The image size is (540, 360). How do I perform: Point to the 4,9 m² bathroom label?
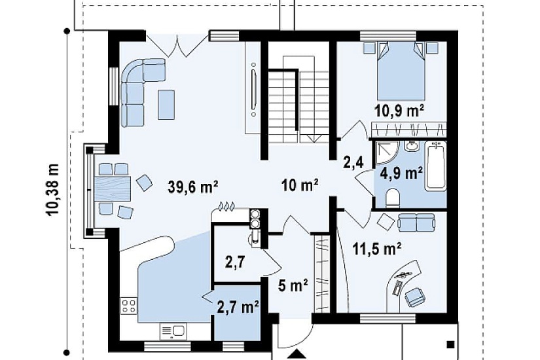(x=401, y=173)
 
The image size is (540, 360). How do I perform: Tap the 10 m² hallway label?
(x=299, y=187)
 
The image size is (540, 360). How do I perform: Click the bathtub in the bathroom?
(x=436, y=166)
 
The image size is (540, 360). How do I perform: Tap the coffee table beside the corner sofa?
(x=166, y=104)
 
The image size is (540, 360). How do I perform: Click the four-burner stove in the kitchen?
(x=128, y=306)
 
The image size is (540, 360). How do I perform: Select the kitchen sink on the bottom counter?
(x=173, y=331)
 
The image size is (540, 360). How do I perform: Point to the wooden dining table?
(x=113, y=189)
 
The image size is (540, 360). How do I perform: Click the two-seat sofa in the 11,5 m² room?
(x=416, y=222)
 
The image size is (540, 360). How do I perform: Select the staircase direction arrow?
(x=314, y=138)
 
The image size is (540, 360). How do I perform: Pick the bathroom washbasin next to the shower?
(x=412, y=146)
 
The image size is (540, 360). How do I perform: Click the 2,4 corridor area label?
(x=353, y=162)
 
